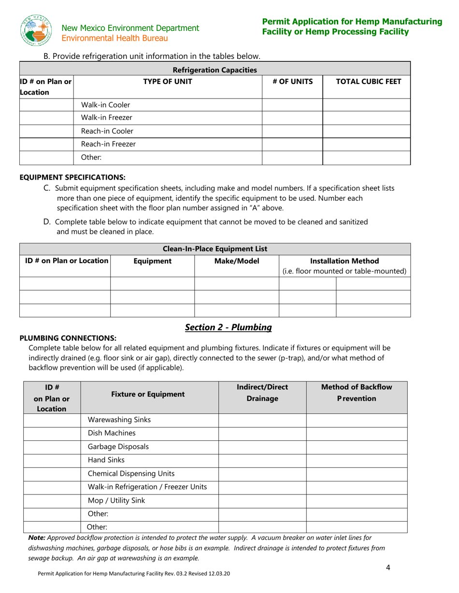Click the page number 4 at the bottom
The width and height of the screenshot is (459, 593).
point(388,567)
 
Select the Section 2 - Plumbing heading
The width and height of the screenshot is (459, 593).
point(229,327)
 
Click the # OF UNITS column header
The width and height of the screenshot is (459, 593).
point(292,82)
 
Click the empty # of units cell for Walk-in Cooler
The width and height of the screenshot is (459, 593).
point(292,105)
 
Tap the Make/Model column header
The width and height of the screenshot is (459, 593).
point(236,261)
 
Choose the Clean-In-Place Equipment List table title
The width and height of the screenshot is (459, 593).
point(215,249)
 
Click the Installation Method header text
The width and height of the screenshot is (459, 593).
point(344,261)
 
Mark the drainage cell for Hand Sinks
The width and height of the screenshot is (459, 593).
point(262,460)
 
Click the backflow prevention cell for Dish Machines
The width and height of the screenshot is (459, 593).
point(357,433)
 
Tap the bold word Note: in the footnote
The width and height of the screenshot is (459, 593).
point(37,537)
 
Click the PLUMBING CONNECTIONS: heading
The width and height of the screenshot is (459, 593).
point(68,338)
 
